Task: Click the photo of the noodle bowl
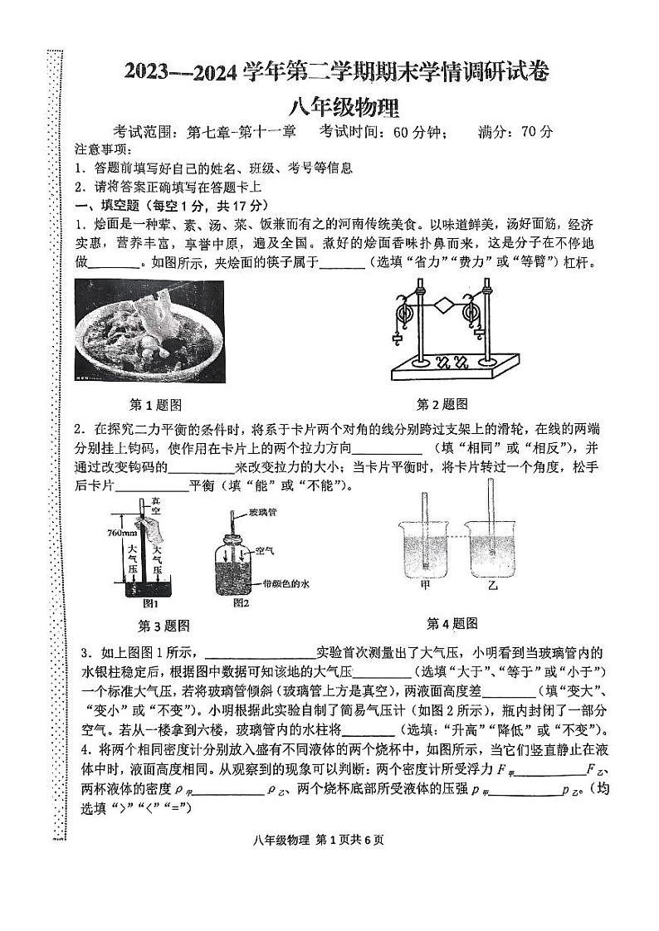(x=149, y=331)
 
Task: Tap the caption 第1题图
(x=156, y=405)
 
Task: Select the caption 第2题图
(x=442, y=404)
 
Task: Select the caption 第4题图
(x=452, y=623)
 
